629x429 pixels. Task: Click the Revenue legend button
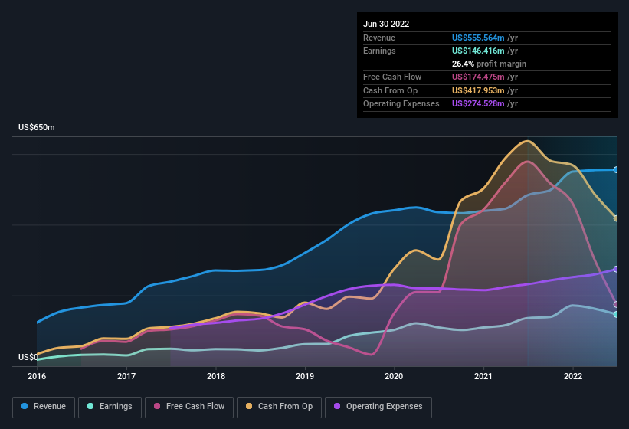point(44,406)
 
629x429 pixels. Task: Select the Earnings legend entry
point(110,406)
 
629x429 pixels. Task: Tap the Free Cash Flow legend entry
point(189,406)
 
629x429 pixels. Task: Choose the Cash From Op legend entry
point(280,406)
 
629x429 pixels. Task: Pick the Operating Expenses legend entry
point(378,406)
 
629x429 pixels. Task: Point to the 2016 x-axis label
point(37,376)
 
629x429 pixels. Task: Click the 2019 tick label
point(305,376)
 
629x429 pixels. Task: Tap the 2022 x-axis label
point(573,376)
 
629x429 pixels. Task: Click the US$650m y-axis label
point(37,127)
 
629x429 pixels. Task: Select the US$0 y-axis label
point(28,357)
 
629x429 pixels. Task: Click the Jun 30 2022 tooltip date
point(386,24)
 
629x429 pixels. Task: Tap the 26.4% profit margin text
point(489,64)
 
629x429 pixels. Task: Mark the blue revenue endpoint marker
point(616,169)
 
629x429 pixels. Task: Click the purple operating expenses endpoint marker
point(616,269)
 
